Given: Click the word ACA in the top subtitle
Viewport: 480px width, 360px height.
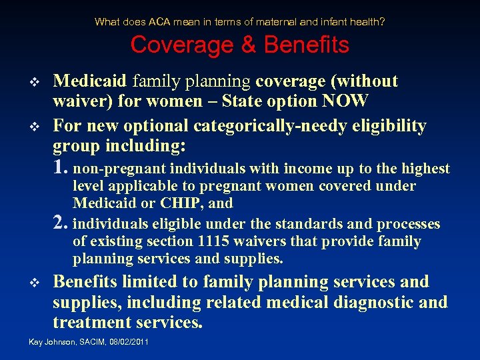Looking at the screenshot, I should coord(159,22).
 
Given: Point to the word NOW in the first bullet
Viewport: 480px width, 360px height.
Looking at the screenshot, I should coord(345,101).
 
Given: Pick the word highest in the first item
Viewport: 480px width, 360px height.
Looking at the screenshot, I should coord(425,169).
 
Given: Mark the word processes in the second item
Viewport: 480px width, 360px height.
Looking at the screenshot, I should coord(409,224).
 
